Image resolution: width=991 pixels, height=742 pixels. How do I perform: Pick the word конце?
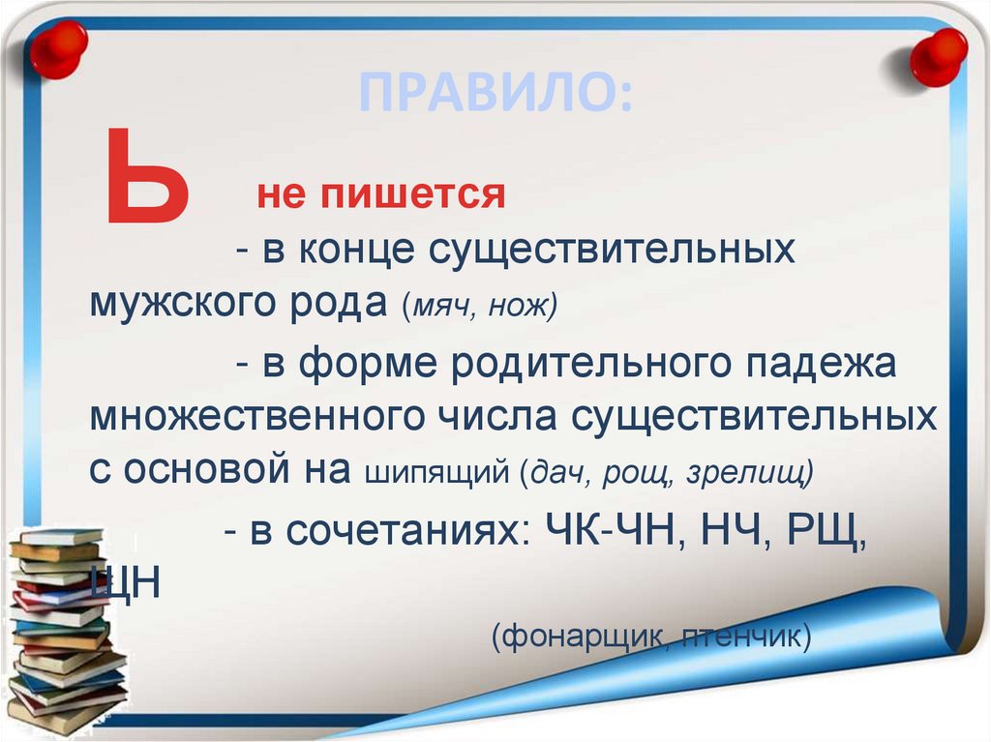point(358,251)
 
